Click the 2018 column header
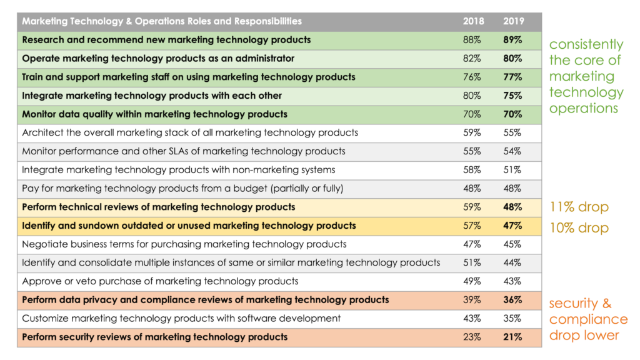point(473,21)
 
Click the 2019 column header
point(513,21)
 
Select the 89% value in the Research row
point(513,40)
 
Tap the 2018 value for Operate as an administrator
point(472,59)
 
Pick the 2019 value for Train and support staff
point(513,77)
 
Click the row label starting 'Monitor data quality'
point(154,114)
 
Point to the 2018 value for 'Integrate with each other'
point(472,96)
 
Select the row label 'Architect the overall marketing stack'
point(189,132)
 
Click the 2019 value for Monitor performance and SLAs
point(512,151)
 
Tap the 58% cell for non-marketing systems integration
point(472,170)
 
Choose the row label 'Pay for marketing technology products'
point(182,188)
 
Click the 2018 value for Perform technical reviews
point(472,207)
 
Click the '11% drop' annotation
point(579,207)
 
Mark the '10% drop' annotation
point(579,228)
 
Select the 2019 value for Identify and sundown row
point(513,226)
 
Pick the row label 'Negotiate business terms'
point(184,244)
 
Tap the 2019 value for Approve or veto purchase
point(512,281)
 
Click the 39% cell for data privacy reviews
point(472,300)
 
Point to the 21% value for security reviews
point(513,337)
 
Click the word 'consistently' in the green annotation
point(586,44)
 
